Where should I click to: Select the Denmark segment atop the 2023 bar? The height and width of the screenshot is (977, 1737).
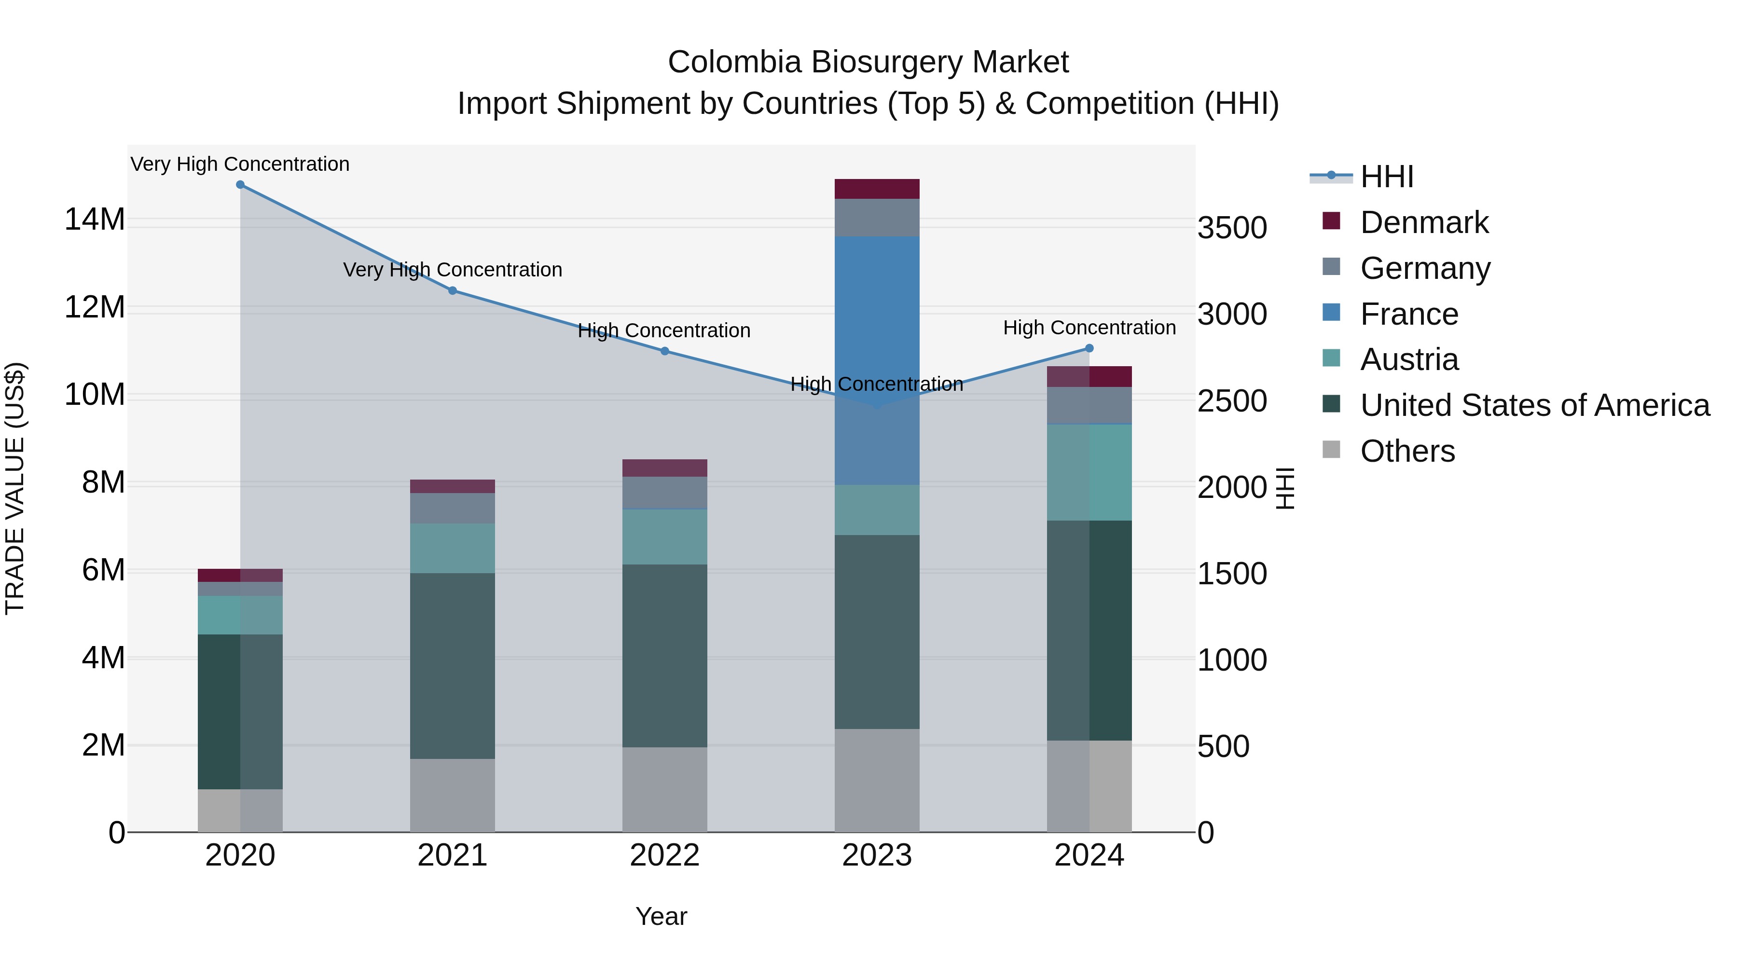[877, 189]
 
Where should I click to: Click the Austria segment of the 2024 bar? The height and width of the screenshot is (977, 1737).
[1089, 472]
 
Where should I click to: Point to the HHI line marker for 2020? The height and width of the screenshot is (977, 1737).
[240, 185]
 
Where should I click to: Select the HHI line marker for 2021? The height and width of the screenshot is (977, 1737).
[453, 290]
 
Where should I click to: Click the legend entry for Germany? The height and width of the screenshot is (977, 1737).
[1425, 268]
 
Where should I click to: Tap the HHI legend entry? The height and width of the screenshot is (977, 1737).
[1386, 177]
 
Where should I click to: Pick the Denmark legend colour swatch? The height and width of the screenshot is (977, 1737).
[1331, 221]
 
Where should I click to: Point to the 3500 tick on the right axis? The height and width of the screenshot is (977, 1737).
[1232, 228]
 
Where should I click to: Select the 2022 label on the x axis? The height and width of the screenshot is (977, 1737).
[664, 855]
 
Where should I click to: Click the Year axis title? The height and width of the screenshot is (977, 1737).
[661, 916]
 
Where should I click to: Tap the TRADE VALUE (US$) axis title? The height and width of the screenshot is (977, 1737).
[15, 488]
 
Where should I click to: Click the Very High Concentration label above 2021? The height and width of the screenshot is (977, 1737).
[453, 270]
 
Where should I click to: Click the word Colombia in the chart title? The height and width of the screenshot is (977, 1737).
[734, 62]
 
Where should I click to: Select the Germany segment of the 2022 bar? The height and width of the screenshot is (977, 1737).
[664, 492]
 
